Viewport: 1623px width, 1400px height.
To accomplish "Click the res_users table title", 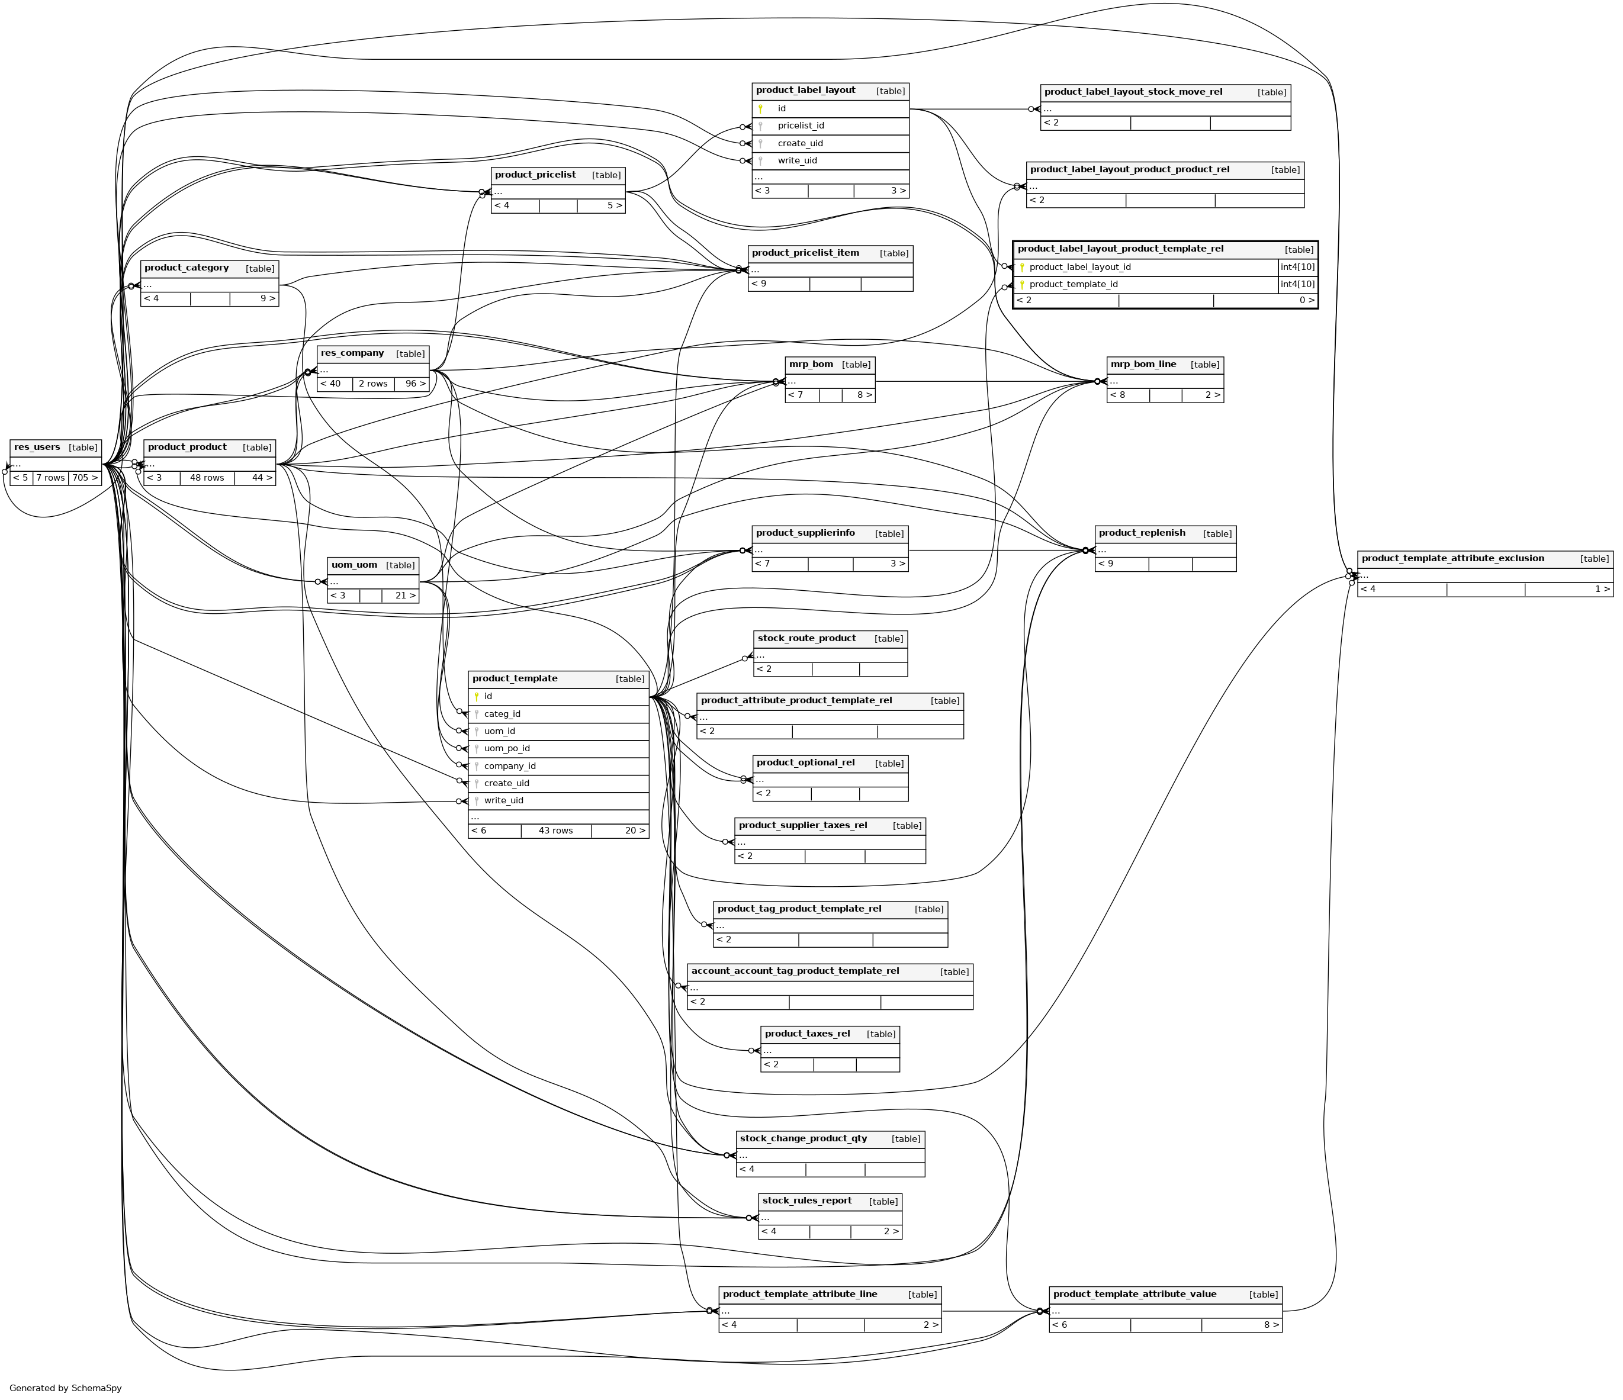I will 37,447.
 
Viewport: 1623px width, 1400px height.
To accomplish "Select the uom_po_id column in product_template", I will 507,749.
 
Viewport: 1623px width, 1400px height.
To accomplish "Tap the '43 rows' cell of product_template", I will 555,831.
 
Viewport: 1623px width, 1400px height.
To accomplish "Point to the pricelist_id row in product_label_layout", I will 801,126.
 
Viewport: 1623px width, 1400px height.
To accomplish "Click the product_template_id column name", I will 1073,285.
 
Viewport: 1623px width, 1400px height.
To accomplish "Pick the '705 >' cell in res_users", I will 85,478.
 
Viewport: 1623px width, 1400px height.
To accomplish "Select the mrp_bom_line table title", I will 1143,364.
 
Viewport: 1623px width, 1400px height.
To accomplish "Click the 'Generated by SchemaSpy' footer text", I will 66,1388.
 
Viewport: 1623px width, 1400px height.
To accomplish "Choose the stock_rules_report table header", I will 807,1201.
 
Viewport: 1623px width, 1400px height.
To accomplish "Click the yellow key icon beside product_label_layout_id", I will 1021,268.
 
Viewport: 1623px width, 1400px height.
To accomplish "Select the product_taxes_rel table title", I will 807,1034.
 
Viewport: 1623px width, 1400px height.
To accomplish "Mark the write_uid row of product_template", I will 504,800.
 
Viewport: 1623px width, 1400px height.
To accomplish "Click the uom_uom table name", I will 354,565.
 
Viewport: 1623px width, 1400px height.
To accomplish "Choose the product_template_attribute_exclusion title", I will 1452,558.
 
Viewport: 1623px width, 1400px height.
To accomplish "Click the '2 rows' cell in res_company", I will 373,384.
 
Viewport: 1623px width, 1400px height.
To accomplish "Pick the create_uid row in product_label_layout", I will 800,143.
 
